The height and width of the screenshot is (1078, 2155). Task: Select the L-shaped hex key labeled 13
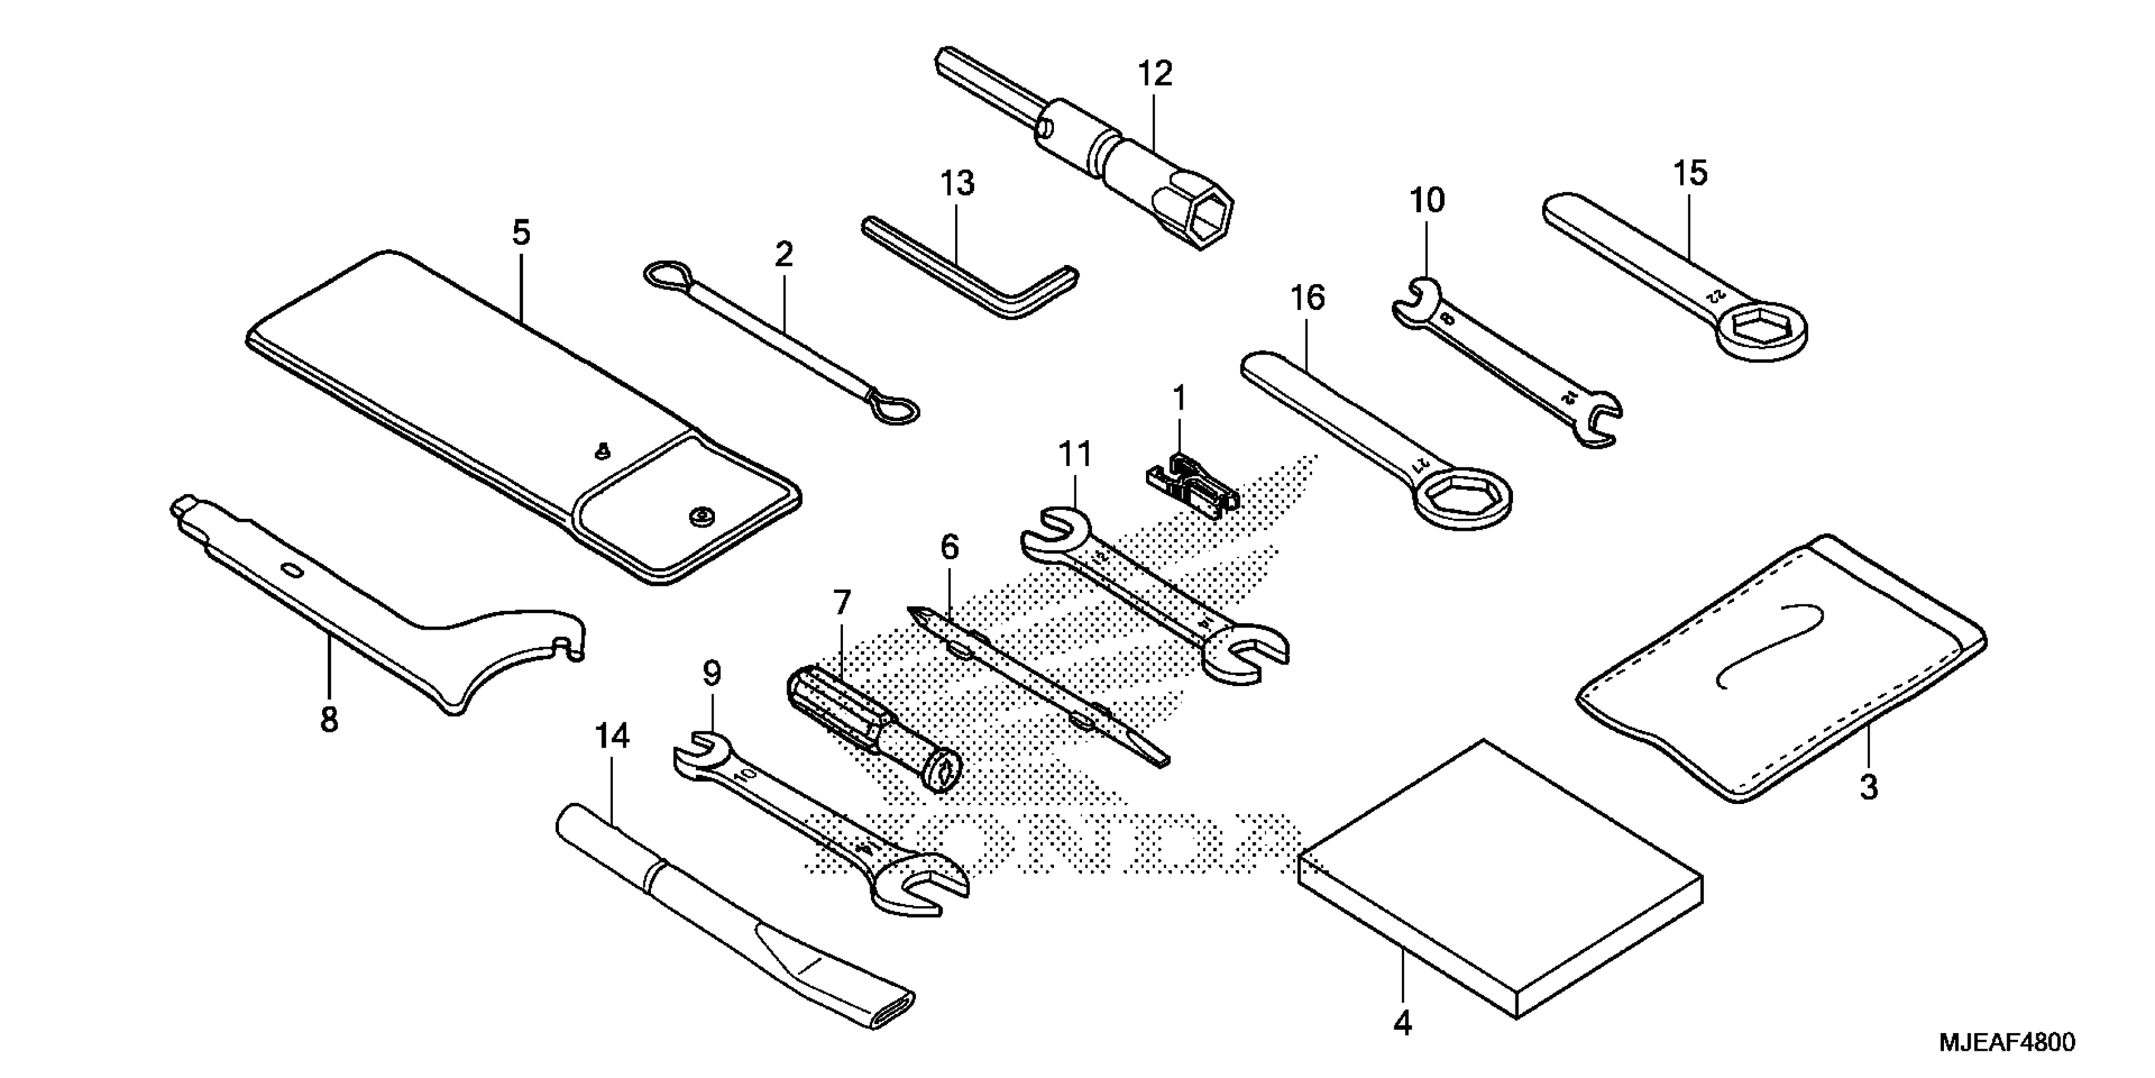[970, 272]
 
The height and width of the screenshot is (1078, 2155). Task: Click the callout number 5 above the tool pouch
[521, 233]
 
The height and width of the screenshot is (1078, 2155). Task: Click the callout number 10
[1427, 201]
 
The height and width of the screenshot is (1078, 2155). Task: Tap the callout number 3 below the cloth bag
[1868, 788]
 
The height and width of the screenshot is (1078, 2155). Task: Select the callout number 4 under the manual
[1403, 1023]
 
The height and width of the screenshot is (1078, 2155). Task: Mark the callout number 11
[1075, 455]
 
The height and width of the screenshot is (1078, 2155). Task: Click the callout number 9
[711, 673]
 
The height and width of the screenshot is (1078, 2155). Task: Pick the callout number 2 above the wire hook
[784, 254]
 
